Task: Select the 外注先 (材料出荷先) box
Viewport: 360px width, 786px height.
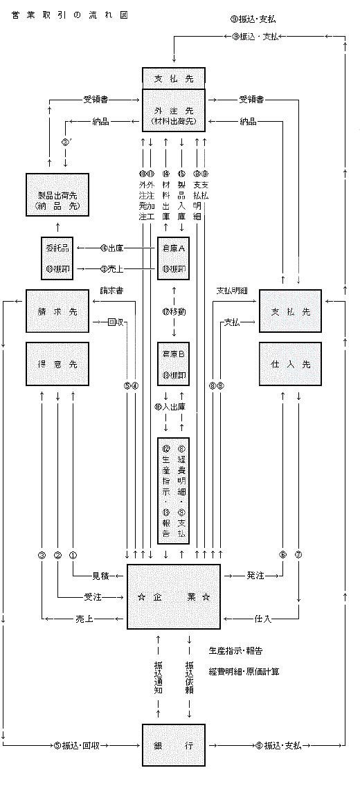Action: tap(173, 110)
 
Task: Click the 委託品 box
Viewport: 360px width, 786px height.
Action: tap(57, 257)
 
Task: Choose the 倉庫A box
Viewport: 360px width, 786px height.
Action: tap(173, 257)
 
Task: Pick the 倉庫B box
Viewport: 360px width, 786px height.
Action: tap(173, 364)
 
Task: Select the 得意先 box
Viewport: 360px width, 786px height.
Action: tap(57, 364)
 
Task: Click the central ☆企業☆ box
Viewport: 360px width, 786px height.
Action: tap(173, 596)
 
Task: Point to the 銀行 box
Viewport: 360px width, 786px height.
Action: tap(173, 745)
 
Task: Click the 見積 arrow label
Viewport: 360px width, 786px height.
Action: tap(101, 575)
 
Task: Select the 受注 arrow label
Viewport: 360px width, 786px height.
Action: tap(93, 596)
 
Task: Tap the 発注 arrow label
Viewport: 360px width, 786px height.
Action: tap(255, 575)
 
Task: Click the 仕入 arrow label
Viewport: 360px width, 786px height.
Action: tap(262, 617)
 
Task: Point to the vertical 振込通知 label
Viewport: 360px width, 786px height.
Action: tap(159, 677)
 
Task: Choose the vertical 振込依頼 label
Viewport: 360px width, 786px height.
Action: tap(189, 677)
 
